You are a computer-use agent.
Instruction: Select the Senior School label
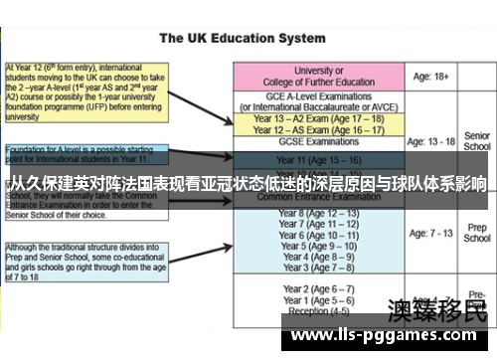[477, 140]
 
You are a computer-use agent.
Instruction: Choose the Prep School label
[477, 234]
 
